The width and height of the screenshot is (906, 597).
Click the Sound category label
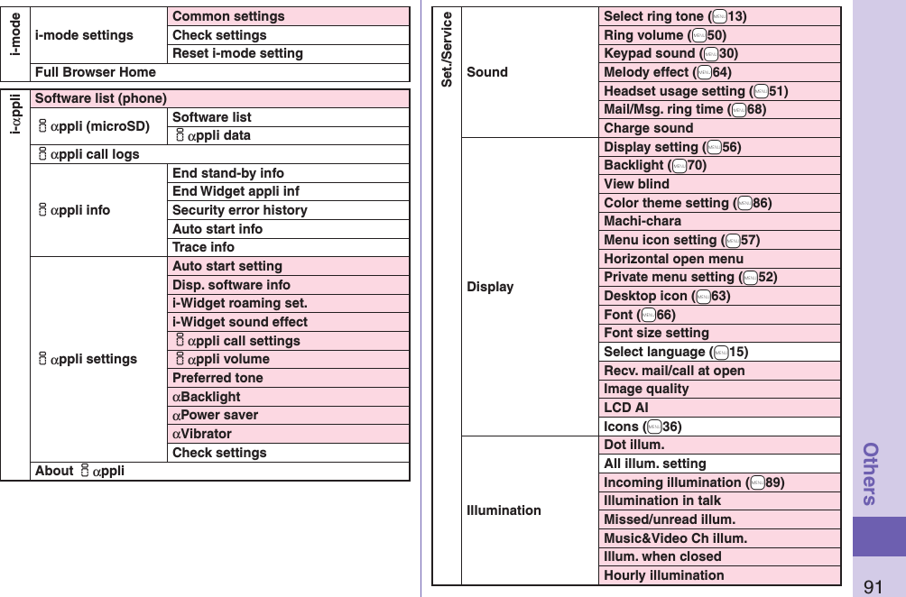pos(487,72)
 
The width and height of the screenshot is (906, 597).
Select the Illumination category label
pos(504,510)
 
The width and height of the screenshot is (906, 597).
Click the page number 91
pos(873,587)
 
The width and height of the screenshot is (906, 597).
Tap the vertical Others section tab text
pos(872,473)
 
